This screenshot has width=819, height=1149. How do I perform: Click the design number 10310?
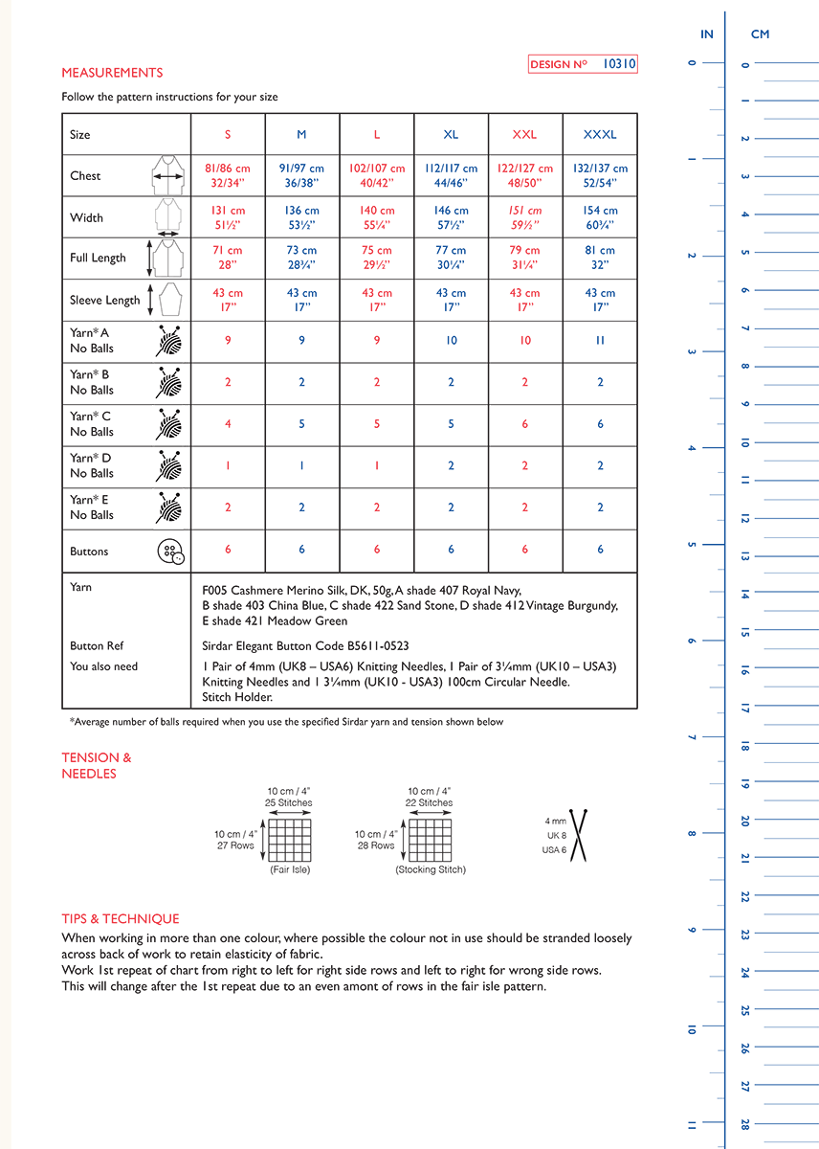[x=619, y=64]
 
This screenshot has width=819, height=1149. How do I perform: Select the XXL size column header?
[x=524, y=135]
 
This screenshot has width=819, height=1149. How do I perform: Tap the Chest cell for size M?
[x=301, y=175]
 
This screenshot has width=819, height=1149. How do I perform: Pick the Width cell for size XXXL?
[x=600, y=217]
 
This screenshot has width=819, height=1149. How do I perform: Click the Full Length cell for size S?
[x=228, y=258]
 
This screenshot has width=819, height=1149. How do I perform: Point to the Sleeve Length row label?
[x=105, y=301]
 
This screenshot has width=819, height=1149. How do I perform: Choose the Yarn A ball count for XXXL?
[x=600, y=340]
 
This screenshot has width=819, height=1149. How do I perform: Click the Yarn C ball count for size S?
[x=228, y=424]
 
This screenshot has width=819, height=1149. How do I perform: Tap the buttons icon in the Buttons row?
[x=169, y=552]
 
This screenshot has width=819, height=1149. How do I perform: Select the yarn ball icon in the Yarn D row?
[x=168, y=466]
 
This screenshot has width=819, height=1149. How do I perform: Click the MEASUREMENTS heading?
[x=112, y=73]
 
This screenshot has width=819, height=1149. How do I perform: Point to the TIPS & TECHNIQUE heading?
[x=121, y=918]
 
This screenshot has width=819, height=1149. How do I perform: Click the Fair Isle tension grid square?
[x=289, y=840]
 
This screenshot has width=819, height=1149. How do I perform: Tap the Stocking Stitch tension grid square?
[x=430, y=840]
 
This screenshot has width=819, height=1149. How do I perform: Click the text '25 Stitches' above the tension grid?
[x=289, y=802]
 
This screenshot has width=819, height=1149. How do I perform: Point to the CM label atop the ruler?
[x=760, y=34]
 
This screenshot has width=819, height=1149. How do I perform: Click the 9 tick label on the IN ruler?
[x=692, y=930]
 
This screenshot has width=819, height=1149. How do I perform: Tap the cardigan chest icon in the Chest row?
[x=168, y=176]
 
